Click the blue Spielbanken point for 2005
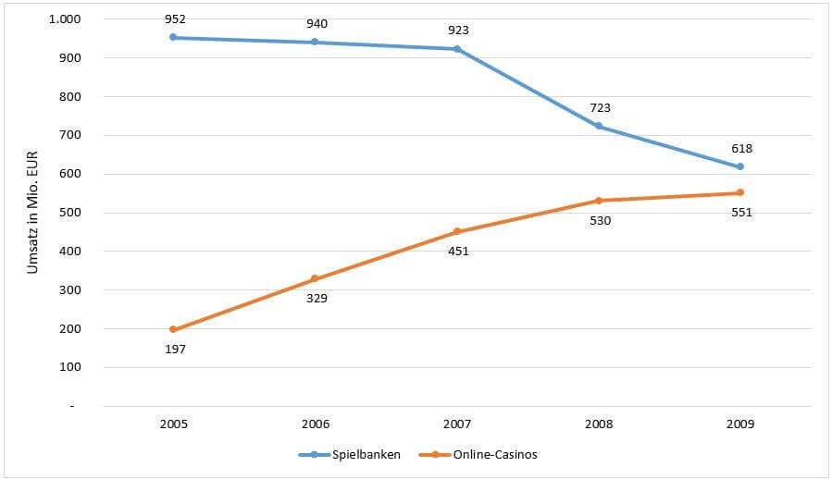coord(173,38)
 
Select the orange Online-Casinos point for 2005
coord(173,329)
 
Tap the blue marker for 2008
coord(599,126)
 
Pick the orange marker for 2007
coord(457,231)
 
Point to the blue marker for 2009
coord(740,166)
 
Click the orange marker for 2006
coord(315,278)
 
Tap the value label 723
coord(599,108)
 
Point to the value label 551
coord(740,212)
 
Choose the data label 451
coord(457,251)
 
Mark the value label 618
coord(740,148)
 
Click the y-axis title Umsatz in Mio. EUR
coord(33,213)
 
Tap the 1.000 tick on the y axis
coord(64,19)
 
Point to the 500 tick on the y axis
coord(69,213)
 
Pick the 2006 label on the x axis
coord(315,424)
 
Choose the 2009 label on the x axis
coord(740,424)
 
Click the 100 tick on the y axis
coord(69,367)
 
